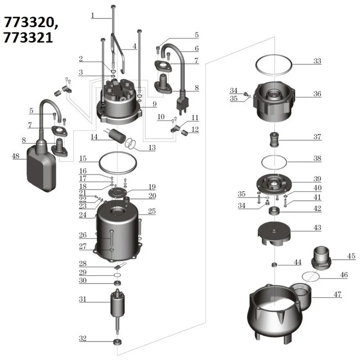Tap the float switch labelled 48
coord(41,166)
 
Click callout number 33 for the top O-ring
coord(317,61)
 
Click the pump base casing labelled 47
coord(274,315)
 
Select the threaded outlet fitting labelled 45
coord(321,257)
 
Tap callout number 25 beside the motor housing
coord(152,211)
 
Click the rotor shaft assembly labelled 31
coord(118,306)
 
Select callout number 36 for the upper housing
coord(317,94)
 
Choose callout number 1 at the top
coord(93,15)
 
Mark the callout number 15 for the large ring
coord(83,158)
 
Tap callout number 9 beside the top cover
coord(154,104)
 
